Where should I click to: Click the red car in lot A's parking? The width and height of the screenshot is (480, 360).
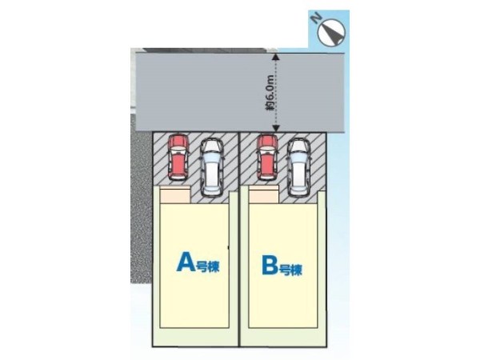coord(177,158)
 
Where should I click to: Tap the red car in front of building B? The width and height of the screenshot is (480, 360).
coord(266,158)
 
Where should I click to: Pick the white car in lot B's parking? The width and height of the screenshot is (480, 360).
coord(299,166)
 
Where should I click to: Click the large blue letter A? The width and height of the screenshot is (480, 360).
coord(185,262)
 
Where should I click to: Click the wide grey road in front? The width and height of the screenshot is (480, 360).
coord(200,92)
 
